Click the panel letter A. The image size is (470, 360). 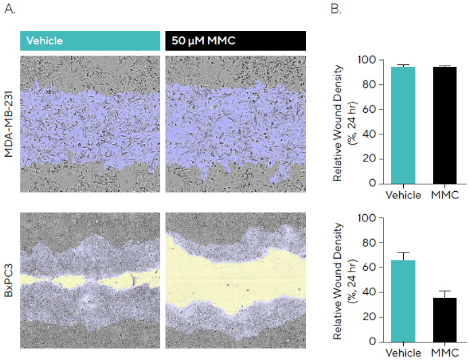(9, 11)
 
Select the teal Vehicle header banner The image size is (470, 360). (90, 41)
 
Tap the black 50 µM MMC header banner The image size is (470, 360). (236, 41)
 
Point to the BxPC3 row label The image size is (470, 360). (9, 281)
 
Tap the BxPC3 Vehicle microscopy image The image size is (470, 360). (90, 280)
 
